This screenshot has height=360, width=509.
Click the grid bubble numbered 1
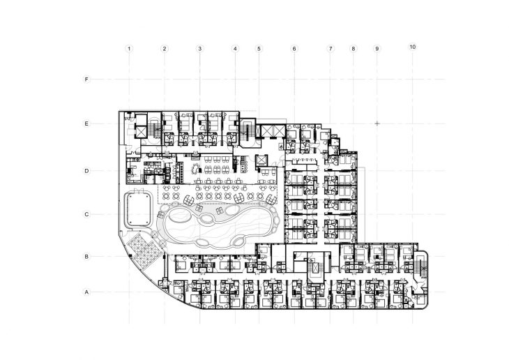[129, 49]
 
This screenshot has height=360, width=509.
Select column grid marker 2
[165, 49]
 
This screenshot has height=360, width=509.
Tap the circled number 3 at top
[200, 49]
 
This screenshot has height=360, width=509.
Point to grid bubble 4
[236, 49]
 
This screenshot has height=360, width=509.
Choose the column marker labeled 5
[259, 49]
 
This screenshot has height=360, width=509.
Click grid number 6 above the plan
[294, 49]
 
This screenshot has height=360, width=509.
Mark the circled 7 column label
[331, 49]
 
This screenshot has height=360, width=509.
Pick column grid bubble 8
[354, 49]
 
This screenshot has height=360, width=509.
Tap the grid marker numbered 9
[377, 49]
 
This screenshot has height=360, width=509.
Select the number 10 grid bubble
[413, 47]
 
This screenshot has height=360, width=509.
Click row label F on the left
[86, 80]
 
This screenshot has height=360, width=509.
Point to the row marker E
[86, 123]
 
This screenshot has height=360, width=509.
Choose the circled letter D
[86, 171]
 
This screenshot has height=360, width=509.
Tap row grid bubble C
[86, 214]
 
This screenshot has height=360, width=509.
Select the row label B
[86, 256]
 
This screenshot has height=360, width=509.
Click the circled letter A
[86, 292]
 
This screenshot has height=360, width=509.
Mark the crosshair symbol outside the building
[377, 123]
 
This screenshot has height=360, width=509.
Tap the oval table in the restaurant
[196, 169]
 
